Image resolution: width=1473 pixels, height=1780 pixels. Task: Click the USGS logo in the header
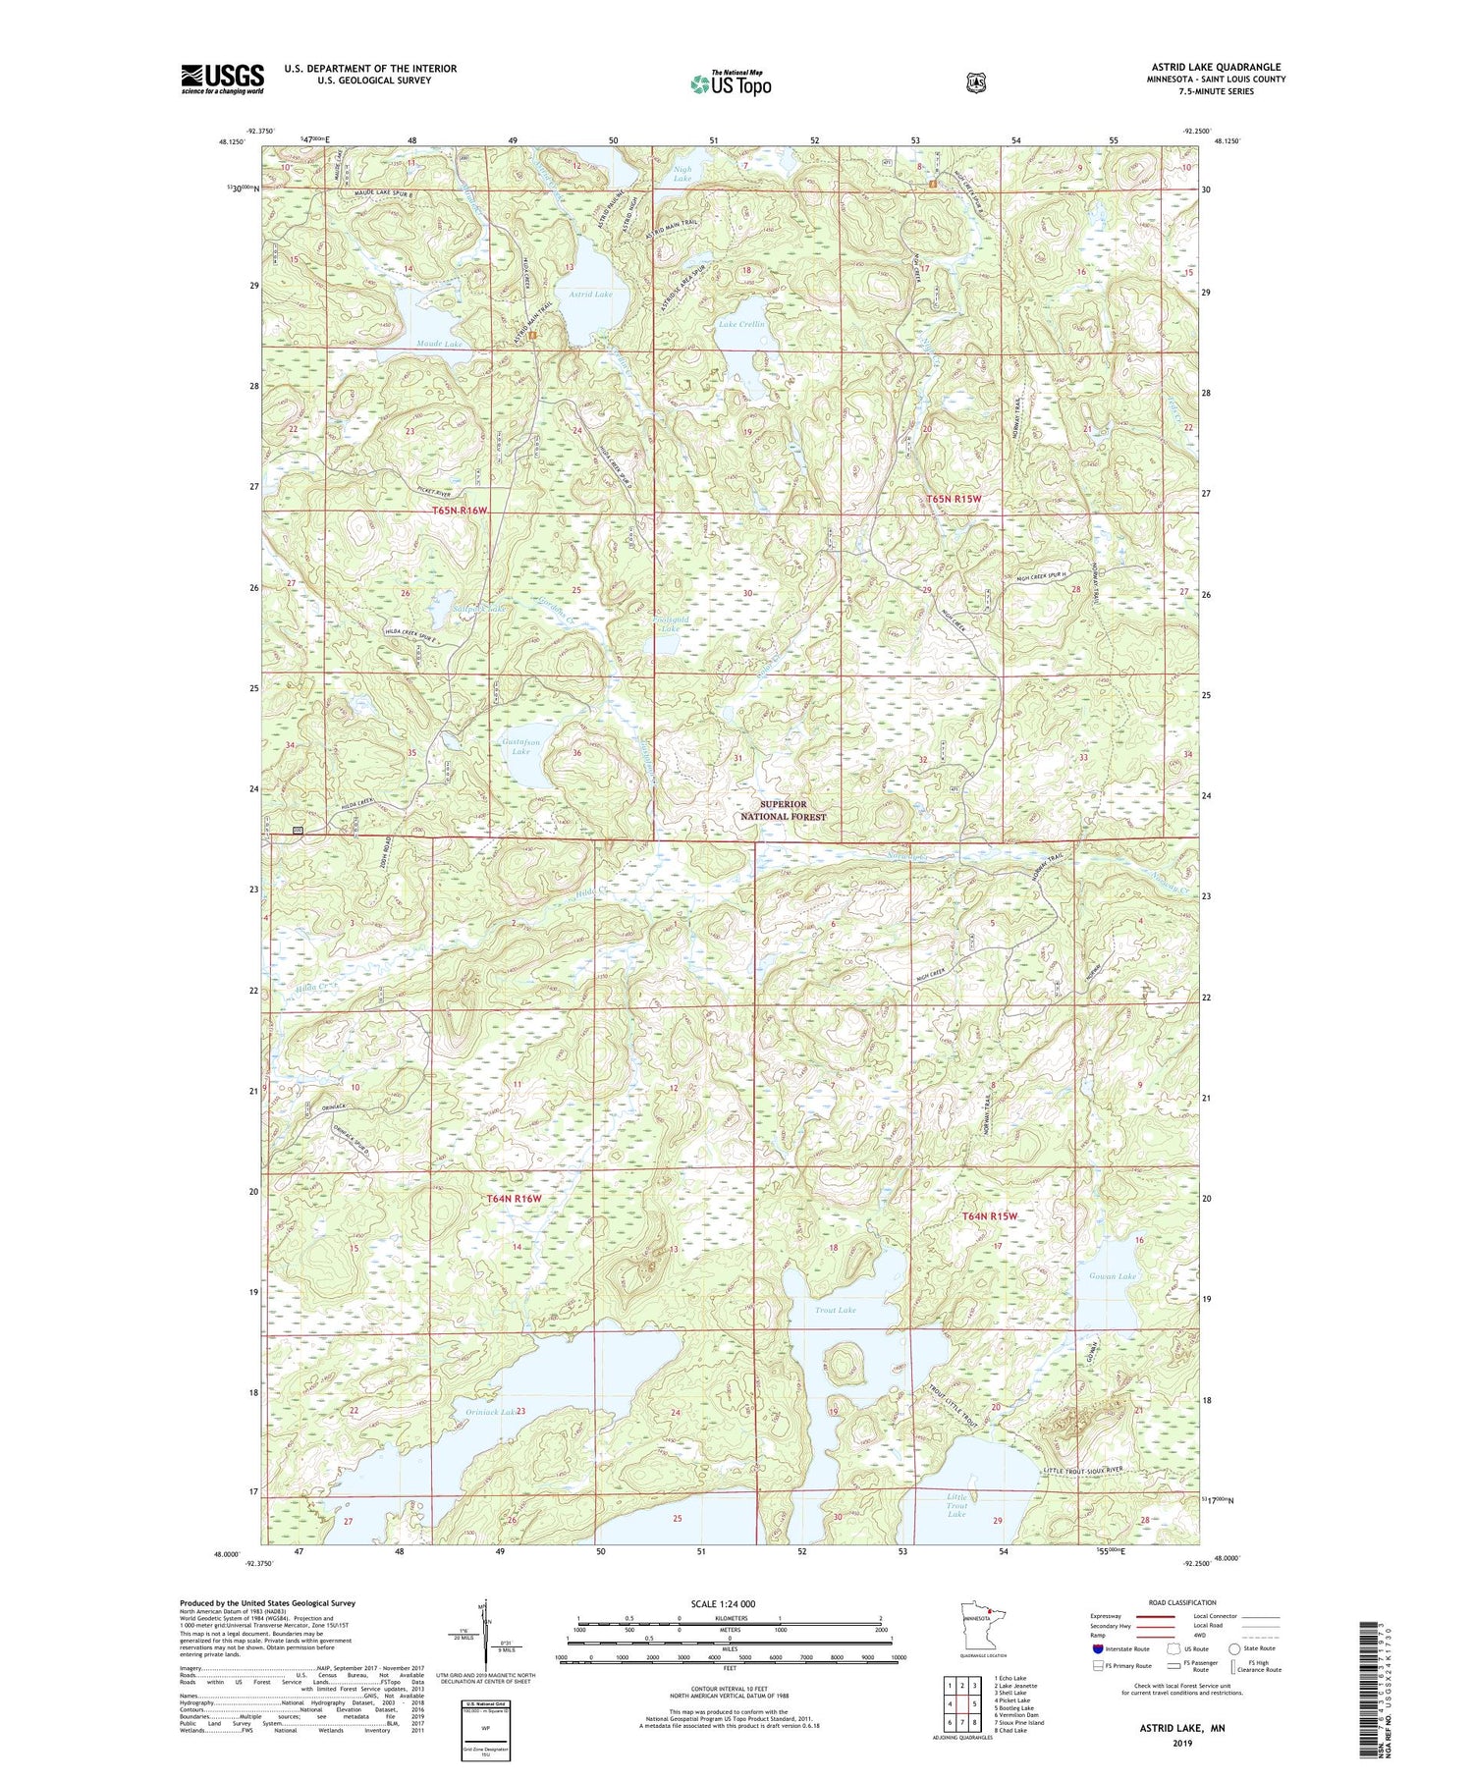(x=222, y=79)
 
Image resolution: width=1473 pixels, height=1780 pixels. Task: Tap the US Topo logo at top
(x=731, y=83)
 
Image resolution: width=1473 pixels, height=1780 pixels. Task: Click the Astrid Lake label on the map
(x=589, y=295)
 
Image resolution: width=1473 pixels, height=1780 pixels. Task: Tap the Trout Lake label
(x=835, y=1310)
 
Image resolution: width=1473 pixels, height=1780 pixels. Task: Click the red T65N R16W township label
(x=460, y=511)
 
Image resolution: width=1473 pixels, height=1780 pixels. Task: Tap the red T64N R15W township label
(x=989, y=1216)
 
